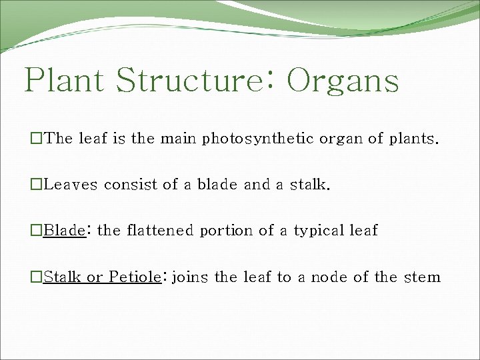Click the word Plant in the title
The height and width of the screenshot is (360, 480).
tap(64, 80)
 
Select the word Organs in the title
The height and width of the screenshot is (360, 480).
tap(343, 80)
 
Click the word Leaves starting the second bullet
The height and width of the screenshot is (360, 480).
tap(70, 185)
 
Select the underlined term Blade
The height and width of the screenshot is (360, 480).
tap(63, 231)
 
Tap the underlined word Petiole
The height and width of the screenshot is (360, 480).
tap(135, 277)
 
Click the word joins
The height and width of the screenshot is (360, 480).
tap(190, 277)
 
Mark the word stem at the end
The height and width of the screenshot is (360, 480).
tap(422, 277)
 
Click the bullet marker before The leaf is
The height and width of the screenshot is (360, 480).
tap(37, 139)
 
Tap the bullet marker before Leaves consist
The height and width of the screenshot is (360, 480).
tap(37, 185)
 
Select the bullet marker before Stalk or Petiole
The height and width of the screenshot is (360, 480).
tap(37, 277)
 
